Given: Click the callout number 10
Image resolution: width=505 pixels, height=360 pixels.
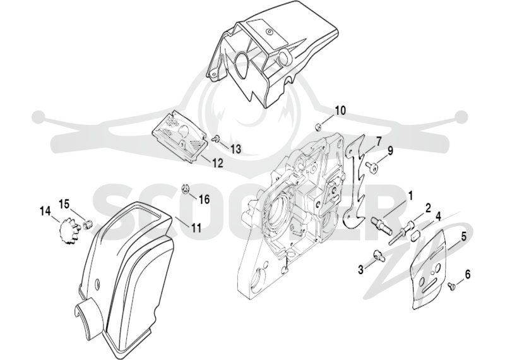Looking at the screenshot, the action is (x=340, y=111).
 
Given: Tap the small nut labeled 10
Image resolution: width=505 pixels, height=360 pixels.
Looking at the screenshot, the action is (x=319, y=127).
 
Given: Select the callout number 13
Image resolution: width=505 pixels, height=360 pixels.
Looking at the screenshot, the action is (x=235, y=149).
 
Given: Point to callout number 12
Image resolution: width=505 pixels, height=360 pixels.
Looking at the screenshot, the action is (x=217, y=163).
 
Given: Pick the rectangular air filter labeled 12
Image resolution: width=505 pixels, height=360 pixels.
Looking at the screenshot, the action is (x=179, y=138).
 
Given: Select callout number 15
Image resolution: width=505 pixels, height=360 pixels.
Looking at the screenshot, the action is (x=64, y=204).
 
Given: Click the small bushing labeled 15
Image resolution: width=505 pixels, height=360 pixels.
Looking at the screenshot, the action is (x=88, y=224).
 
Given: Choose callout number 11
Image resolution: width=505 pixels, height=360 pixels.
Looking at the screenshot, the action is (x=196, y=227).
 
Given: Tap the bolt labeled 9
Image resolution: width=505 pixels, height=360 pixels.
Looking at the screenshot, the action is (x=371, y=167).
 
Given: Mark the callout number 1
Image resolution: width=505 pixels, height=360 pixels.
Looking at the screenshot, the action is (x=411, y=195).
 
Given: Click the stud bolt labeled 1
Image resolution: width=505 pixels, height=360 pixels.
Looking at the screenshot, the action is (x=381, y=225).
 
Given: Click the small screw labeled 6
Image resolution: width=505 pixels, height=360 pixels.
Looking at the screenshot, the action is (x=451, y=285).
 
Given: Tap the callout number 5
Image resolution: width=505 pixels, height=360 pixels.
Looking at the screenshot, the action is (x=464, y=237).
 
